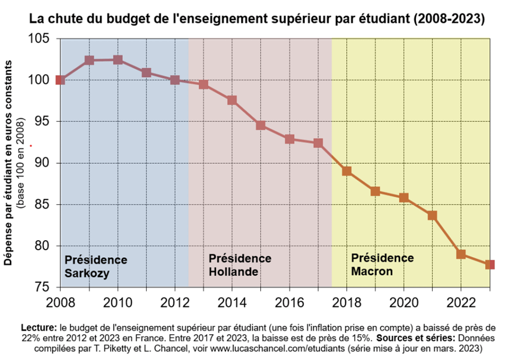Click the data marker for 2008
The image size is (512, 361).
coord(59,80)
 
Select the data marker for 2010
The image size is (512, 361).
coord(117,59)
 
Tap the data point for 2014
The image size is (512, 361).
coord(232,100)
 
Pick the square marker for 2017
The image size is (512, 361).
coord(318,143)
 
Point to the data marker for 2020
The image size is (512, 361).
coord(404,198)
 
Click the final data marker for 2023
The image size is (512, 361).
coord(490,265)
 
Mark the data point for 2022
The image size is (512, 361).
coord(461,254)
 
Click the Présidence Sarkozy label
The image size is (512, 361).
coord(96,267)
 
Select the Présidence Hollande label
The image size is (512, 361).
coord(239,265)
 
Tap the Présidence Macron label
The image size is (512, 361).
coord(382,265)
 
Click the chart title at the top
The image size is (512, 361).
coord(257,19)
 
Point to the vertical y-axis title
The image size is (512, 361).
coord(10,163)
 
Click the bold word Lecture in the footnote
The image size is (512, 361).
coord(38,327)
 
